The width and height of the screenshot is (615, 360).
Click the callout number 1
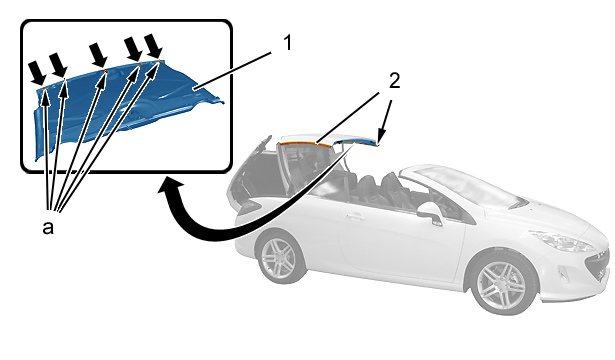tap(287, 43)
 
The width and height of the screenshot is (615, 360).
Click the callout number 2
tap(394, 81)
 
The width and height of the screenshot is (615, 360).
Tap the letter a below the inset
tap(48, 227)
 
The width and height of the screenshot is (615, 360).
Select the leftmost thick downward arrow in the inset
tap(38, 73)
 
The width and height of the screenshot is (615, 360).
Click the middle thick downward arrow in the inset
tap(98, 55)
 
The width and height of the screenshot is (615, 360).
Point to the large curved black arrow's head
tap(171, 187)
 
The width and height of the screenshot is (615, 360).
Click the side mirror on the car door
tap(430, 212)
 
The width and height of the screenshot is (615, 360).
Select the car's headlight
tap(561, 240)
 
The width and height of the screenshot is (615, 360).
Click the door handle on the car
tap(355, 216)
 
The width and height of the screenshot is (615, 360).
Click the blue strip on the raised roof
tap(357, 143)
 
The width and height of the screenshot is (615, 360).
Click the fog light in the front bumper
tap(562, 274)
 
